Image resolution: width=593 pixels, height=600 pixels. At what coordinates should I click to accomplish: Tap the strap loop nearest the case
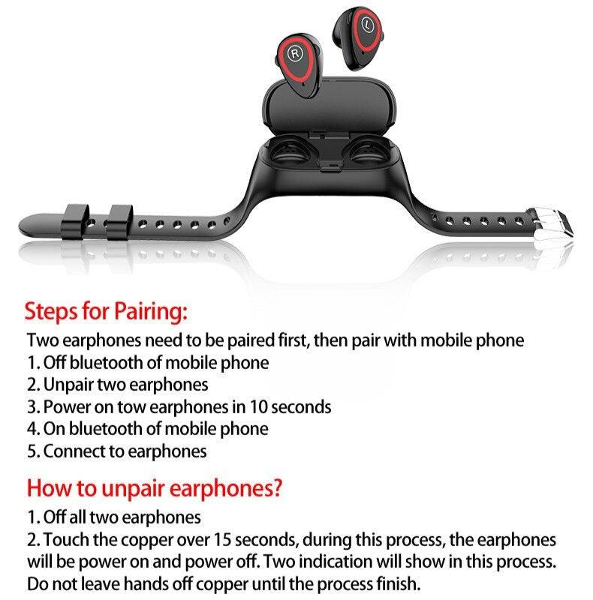click(120, 220)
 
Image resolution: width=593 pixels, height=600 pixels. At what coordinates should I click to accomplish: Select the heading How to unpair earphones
click(155, 488)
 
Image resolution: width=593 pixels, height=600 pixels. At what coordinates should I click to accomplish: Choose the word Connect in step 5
click(73, 451)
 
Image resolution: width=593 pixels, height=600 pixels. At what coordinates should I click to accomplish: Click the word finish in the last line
click(389, 583)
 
